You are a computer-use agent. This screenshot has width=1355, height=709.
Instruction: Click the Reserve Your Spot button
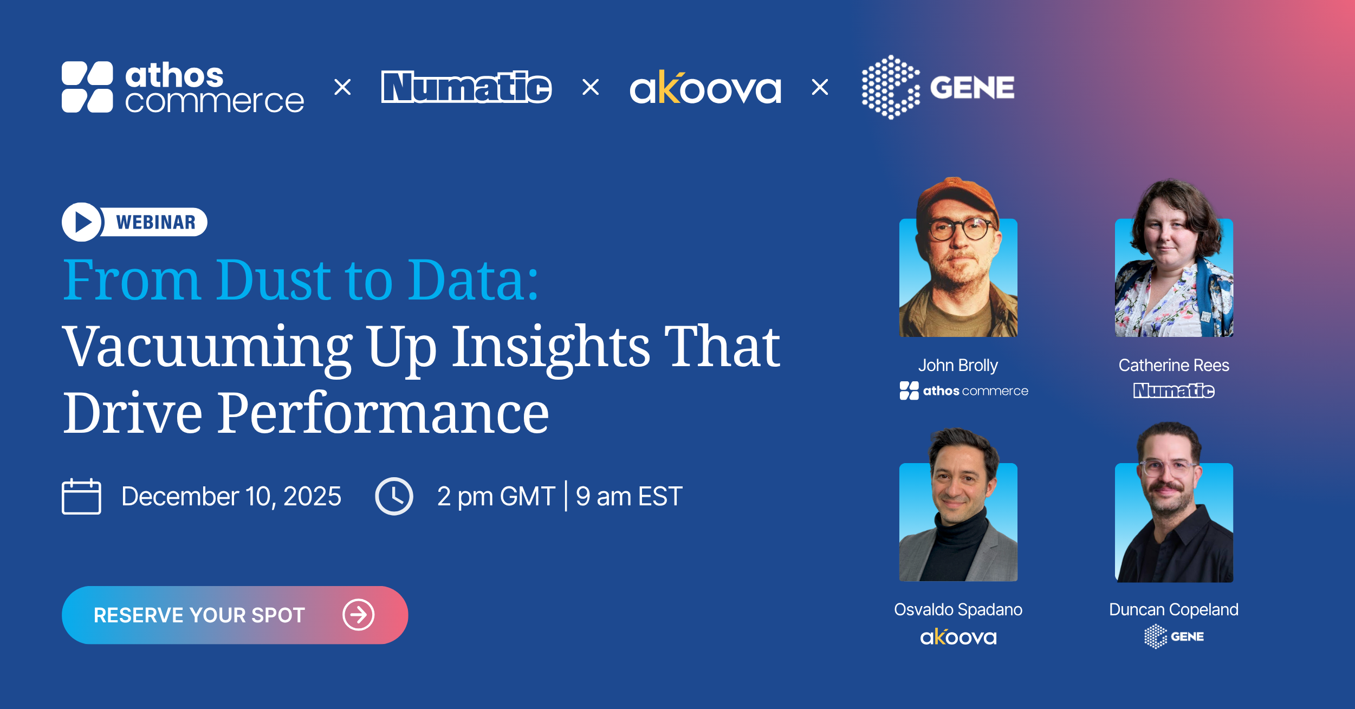(235, 615)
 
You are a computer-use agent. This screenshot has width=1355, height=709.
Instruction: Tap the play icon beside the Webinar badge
(82, 222)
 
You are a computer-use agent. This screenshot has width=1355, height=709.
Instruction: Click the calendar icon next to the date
(81, 496)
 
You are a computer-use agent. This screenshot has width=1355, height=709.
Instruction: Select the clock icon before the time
(394, 496)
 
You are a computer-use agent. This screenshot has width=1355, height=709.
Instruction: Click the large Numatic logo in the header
(466, 87)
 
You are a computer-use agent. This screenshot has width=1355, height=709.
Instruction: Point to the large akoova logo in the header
(705, 87)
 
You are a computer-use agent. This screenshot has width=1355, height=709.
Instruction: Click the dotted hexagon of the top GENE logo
(891, 87)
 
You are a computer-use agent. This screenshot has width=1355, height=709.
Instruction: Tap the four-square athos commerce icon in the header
(87, 87)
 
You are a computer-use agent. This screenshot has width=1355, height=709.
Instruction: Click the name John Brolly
(958, 366)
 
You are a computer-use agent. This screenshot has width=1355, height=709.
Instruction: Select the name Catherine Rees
(1174, 366)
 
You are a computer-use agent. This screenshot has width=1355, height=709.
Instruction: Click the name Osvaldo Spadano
(958, 610)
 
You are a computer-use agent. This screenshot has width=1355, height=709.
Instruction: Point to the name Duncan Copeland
(1174, 610)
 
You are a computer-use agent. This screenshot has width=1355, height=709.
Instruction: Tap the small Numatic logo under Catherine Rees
(1174, 391)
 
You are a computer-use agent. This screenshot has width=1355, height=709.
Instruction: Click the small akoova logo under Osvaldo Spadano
(958, 637)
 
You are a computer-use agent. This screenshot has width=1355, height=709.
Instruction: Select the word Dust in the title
(274, 280)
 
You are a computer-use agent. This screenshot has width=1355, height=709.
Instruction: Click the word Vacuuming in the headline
(208, 347)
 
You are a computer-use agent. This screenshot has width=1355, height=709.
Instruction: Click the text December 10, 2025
(231, 496)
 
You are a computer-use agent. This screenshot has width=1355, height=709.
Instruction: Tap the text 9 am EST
(629, 496)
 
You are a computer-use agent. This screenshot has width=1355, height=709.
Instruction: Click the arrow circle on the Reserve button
(358, 615)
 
